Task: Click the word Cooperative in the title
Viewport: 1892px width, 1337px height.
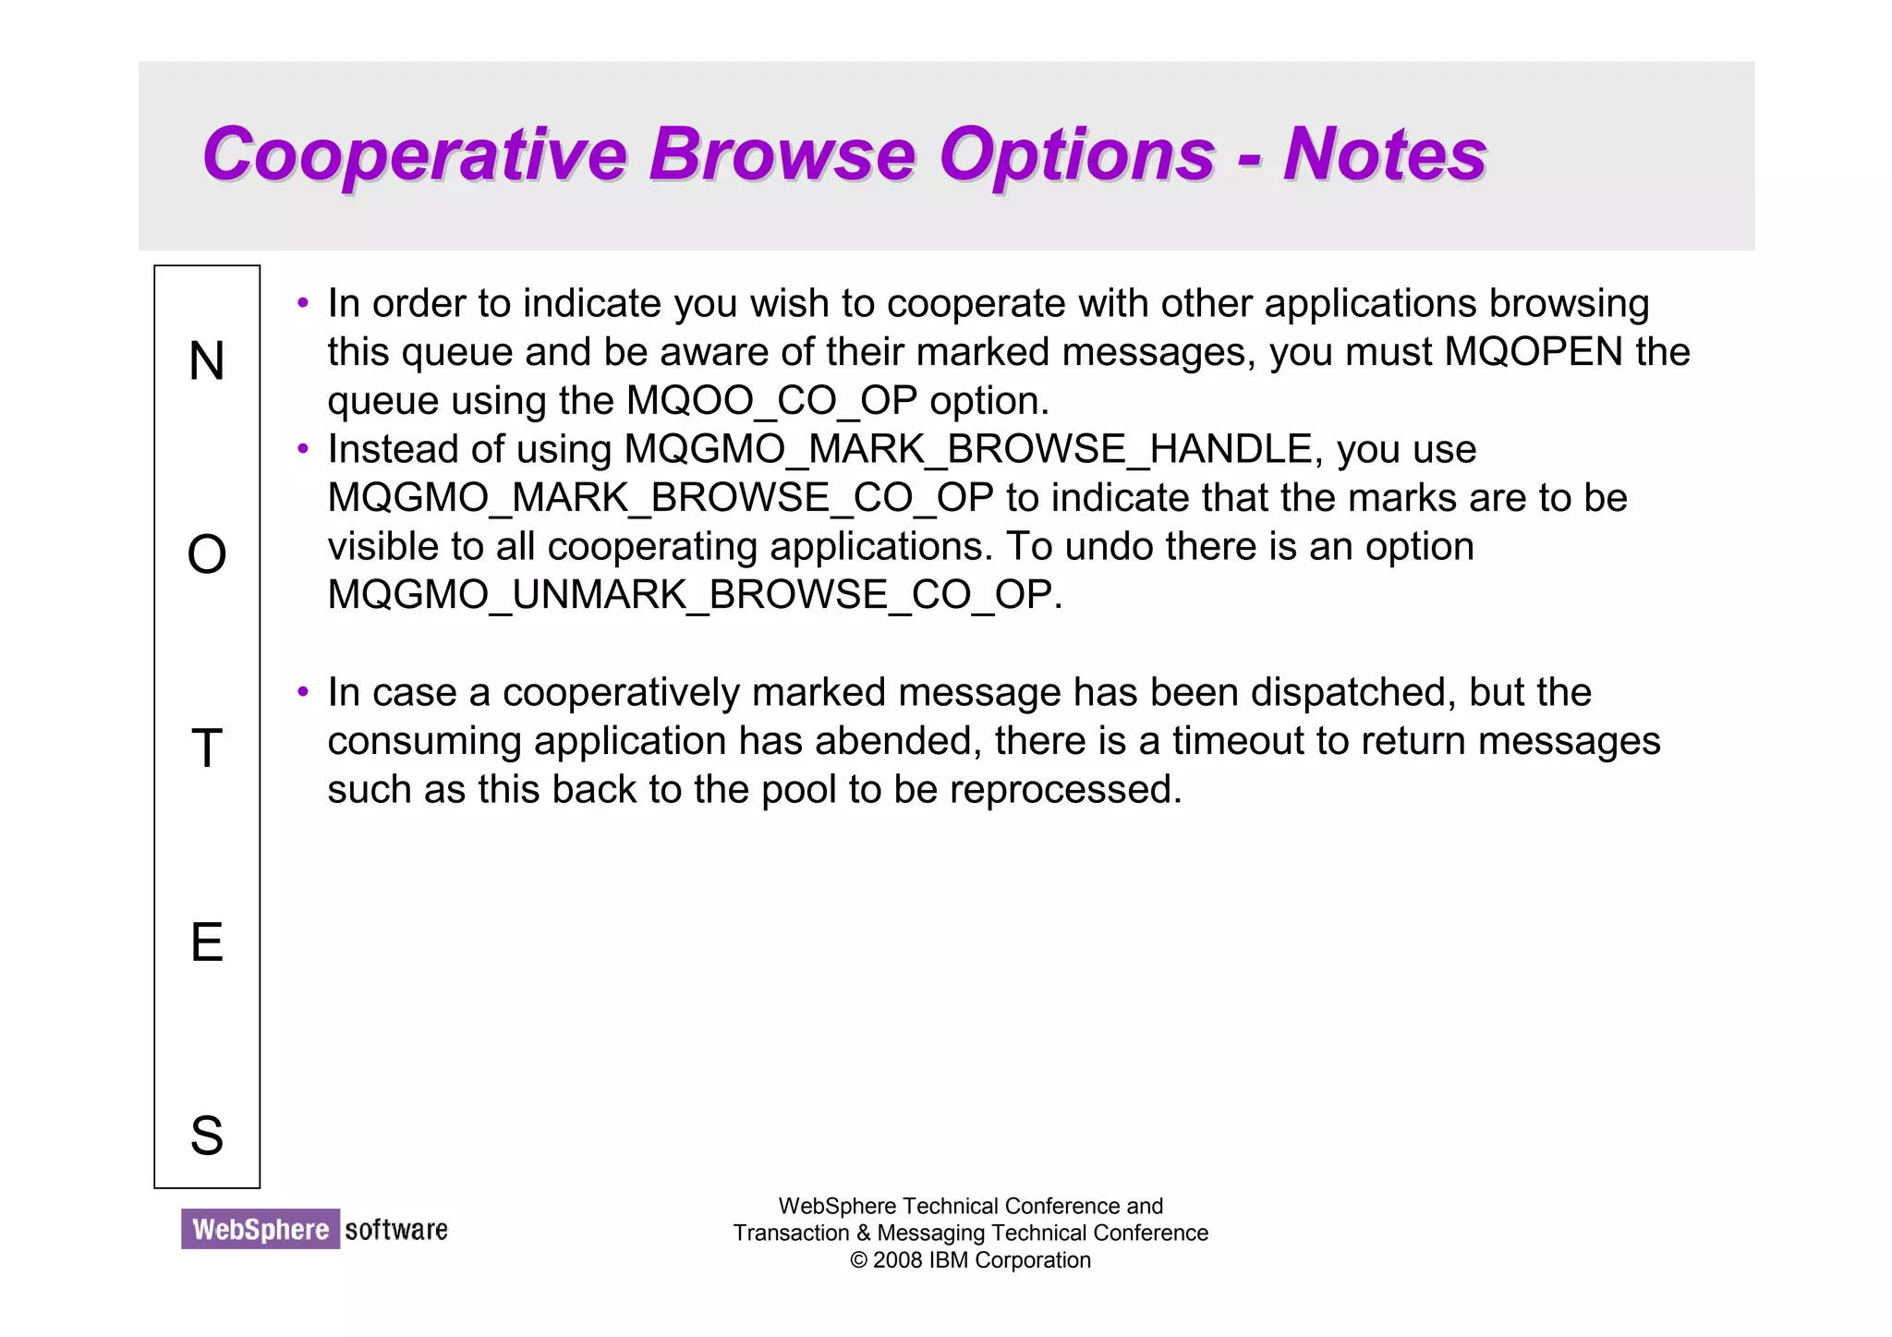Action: point(414,154)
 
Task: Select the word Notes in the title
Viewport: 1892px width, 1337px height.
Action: point(1384,154)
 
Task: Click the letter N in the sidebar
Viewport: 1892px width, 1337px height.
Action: point(207,361)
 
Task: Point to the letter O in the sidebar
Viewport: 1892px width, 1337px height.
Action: point(207,555)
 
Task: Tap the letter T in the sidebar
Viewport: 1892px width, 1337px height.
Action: point(207,748)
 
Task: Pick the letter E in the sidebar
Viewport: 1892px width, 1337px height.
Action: point(207,942)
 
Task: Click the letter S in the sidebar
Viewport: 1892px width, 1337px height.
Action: point(207,1136)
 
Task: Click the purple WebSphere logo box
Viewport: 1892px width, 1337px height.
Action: point(261,1229)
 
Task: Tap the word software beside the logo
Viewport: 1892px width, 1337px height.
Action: point(396,1229)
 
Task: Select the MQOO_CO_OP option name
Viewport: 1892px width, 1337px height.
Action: point(771,401)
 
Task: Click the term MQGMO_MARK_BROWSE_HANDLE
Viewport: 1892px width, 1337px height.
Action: point(968,450)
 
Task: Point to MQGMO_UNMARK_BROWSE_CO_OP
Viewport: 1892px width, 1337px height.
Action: point(690,595)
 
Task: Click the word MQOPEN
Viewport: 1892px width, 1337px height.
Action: point(1534,352)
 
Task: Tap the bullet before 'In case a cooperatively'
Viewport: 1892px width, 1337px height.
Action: point(303,692)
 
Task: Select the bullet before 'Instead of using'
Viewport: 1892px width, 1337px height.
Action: point(303,449)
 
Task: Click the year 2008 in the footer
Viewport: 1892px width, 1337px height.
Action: point(898,1260)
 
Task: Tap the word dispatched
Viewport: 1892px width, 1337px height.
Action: point(1347,692)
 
